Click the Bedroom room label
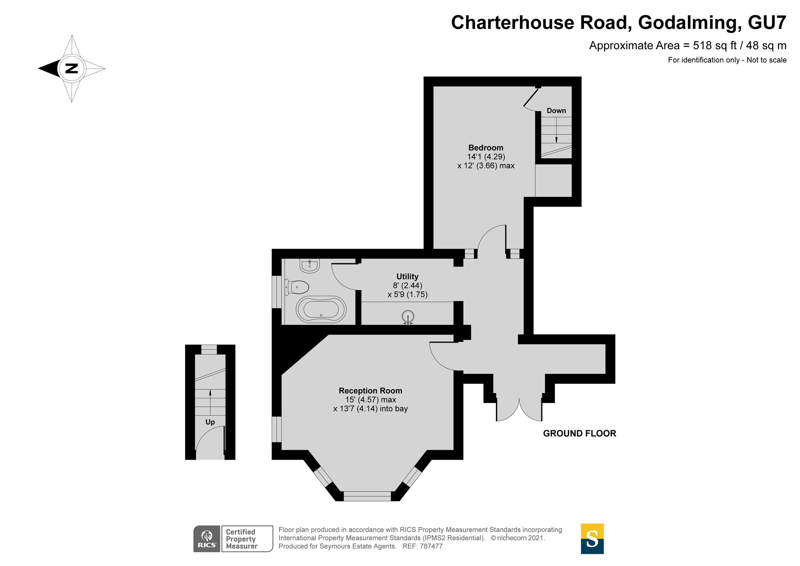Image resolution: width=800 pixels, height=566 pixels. coord(486,148)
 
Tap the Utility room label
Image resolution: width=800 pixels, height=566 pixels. coord(407,276)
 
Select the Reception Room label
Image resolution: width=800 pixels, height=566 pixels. coord(370,391)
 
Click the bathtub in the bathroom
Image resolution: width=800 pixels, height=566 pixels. coord(321,309)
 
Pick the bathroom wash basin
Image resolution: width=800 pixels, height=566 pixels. coord(309,265)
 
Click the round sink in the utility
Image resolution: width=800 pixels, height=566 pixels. coord(408,317)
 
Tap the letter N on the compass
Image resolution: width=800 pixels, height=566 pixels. coord(72,68)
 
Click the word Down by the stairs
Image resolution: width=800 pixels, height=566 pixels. coord(556,110)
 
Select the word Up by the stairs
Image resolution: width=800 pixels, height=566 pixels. coord(210,422)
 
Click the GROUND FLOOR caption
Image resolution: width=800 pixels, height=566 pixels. coord(580,433)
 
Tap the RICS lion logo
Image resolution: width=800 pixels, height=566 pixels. coord(207,539)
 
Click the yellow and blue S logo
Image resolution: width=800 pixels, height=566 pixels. coord(592,539)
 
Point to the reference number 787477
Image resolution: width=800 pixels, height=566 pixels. coord(431,546)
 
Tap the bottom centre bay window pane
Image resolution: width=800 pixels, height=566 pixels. coord(367,496)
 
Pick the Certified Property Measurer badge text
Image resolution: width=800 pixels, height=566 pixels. coord(242,539)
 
